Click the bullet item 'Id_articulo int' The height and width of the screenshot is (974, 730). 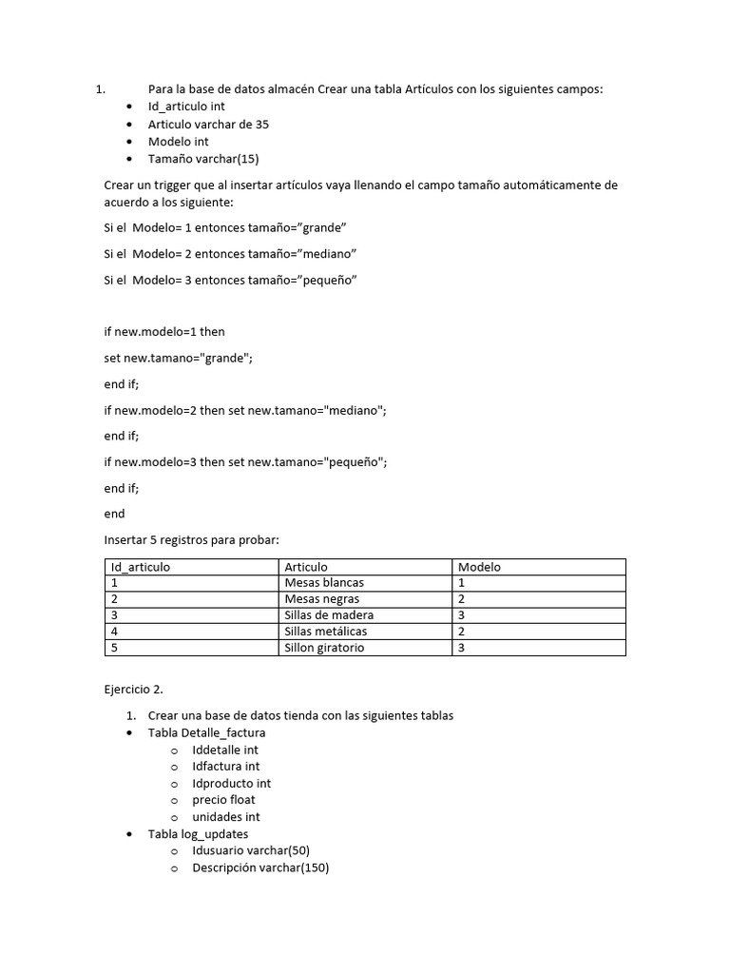(186, 107)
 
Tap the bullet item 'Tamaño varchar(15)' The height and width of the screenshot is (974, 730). (202, 159)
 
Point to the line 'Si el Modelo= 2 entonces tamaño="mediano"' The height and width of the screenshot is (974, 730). (230, 254)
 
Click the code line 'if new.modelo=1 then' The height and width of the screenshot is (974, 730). (163, 332)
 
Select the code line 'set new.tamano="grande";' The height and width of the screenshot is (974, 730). (179, 358)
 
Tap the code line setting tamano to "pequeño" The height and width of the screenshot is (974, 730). (245, 462)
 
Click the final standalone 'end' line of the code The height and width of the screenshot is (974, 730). (114, 514)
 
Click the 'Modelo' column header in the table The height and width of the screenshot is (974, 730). (479, 567)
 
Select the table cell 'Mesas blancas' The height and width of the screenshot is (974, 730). (324, 583)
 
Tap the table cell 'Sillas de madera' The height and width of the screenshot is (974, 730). (329, 615)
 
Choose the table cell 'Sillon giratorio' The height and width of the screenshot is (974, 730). (324, 648)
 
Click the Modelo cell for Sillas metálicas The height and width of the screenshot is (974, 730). (462, 632)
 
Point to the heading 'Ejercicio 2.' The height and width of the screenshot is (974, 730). (137, 689)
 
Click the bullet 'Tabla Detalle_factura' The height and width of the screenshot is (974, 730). (206, 733)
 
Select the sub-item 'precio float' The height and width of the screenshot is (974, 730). (223, 800)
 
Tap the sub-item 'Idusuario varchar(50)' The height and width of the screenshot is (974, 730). (251, 850)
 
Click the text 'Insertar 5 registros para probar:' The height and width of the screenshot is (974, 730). (191, 540)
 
